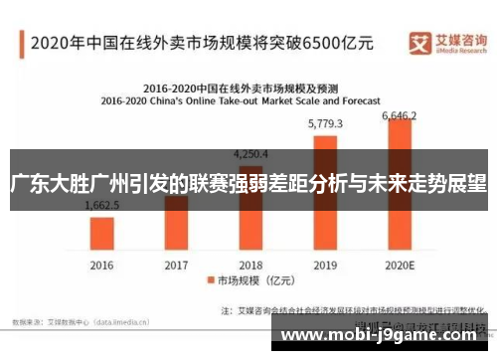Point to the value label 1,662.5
102,205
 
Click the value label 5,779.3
326,124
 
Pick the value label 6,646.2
400,115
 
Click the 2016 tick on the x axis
102,266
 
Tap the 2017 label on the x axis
176,266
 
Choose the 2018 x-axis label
251,266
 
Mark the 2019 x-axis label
326,266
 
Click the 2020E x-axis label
400,266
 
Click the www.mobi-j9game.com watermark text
387,336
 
